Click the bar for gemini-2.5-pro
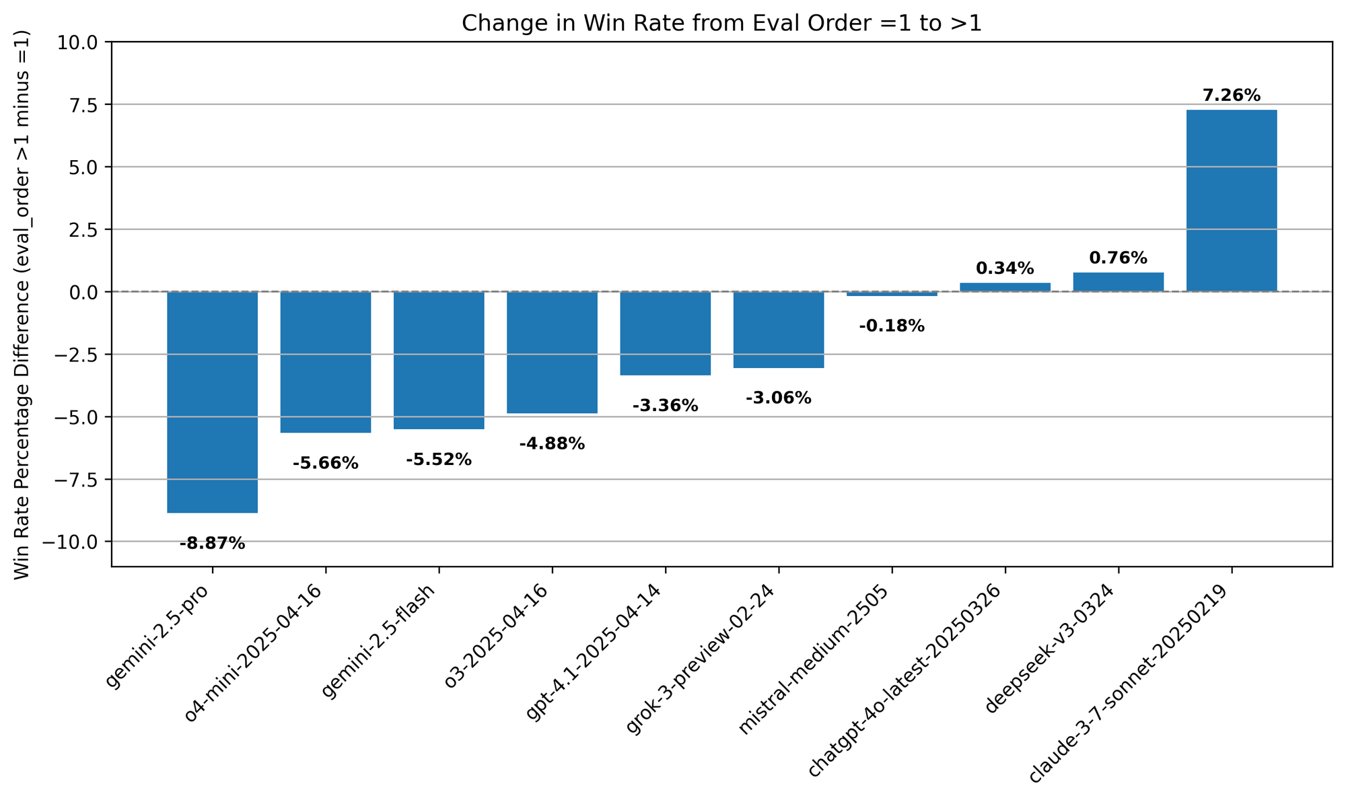click(x=213, y=402)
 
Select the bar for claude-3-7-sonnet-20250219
click(x=1231, y=201)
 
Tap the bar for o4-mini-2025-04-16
click(x=326, y=361)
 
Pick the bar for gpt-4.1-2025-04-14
click(x=665, y=333)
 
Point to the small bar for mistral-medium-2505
click(x=892, y=294)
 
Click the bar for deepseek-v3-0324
click(x=1118, y=282)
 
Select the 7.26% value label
click(x=1231, y=96)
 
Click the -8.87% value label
click(x=213, y=544)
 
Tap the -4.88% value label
click(x=552, y=444)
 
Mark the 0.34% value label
click(x=1005, y=268)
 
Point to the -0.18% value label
click(x=892, y=326)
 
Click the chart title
click(x=721, y=24)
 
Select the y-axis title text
click(x=22, y=304)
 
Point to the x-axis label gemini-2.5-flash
click(x=380, y=643)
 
